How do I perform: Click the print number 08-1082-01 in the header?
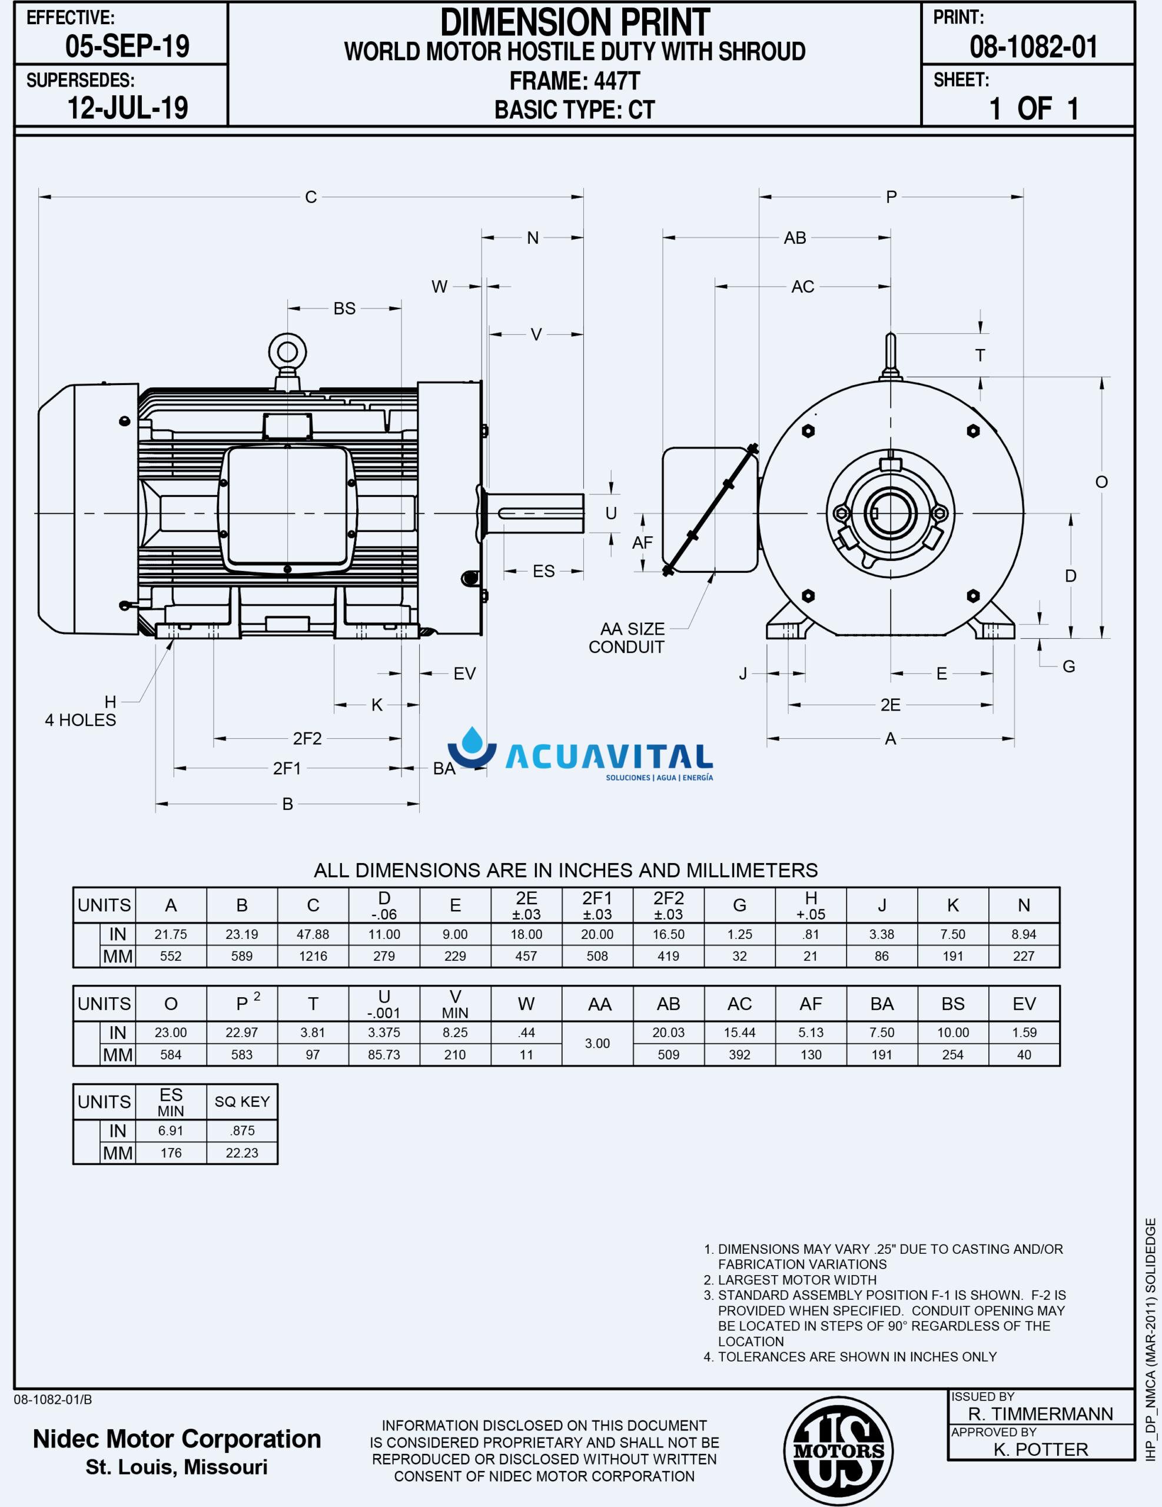[1033, 47]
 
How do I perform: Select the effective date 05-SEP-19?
[127, 47]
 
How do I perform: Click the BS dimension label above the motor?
[344, 308]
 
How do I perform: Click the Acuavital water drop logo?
[473, 749]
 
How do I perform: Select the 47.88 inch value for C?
[313, 934]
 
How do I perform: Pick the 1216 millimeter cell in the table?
[313, 957]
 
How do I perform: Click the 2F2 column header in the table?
[668, 905]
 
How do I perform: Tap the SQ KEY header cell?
[241, 1102]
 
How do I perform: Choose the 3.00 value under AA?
[597, 1043]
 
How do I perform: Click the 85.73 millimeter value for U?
[384, 1054]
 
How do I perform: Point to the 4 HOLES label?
[80, 720]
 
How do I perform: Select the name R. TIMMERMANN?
[1041, 1414]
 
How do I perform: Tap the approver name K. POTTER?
[1041, 1450]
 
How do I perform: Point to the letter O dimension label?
[1101, 482]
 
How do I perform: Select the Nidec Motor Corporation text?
[177, 1439]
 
